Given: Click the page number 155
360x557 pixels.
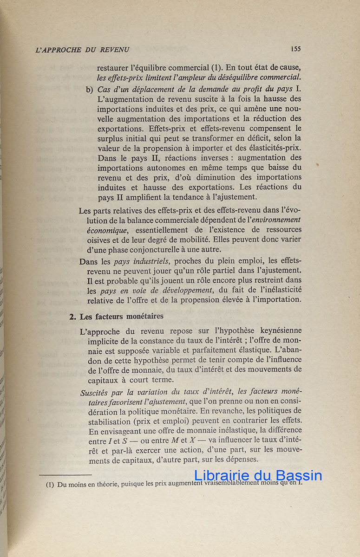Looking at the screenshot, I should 295,48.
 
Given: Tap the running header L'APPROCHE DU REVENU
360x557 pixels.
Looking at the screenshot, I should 82,50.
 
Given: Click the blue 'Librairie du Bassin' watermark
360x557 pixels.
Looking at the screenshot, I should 258,475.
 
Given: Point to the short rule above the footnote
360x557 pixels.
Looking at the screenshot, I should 65,475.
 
